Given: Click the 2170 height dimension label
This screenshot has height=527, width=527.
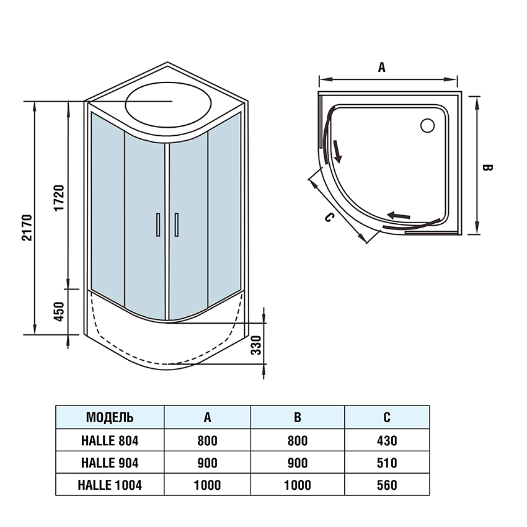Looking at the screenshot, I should (26, 228).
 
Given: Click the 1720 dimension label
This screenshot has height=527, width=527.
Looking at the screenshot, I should (59, 197).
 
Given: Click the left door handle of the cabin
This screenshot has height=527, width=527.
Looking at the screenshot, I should (158, 224).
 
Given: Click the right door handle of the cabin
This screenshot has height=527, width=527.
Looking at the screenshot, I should (177, 224).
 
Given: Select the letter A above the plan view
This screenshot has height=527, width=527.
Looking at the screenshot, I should (382, 68).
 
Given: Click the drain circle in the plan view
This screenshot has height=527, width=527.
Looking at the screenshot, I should (427, 126).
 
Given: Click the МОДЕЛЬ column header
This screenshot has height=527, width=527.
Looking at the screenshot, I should (110, 417).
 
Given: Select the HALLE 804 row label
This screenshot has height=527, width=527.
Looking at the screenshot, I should (110, 441).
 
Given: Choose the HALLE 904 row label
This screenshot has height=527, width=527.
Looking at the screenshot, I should (110, 463).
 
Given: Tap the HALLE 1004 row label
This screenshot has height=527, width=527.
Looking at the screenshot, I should (110, 485).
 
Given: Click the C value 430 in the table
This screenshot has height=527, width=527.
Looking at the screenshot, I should (386, 441).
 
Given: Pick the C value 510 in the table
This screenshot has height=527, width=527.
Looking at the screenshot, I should (386, 463).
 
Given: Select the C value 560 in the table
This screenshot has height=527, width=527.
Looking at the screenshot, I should (386, 485).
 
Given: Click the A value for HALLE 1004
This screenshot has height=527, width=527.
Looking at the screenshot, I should (207, 485).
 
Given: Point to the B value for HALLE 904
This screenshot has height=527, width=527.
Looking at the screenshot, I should (297, 463).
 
